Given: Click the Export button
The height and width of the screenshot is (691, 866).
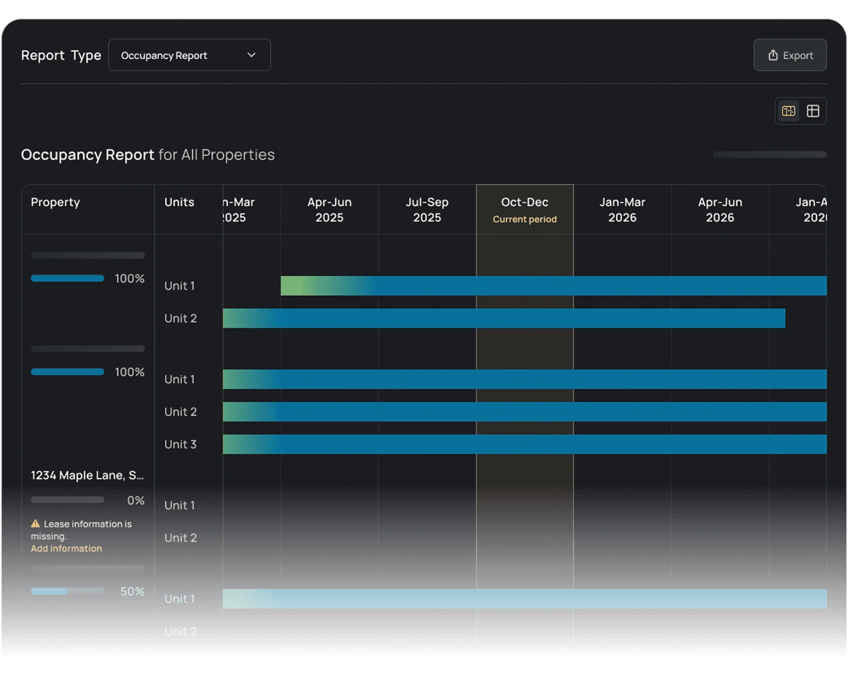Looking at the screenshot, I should (x=789, y=55).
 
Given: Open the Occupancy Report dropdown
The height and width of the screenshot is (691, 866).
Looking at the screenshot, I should (x=189, y=55).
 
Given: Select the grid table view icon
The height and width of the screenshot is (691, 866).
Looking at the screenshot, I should (x=813, y=111).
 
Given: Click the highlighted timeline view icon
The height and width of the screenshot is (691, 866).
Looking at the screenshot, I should (x=788, y=111).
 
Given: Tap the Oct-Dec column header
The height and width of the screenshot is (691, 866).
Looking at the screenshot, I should (x=524, y=202).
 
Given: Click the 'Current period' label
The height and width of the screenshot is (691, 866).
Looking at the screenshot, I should (x=524, y=219).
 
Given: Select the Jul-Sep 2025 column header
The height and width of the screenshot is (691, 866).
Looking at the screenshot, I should (x=427, y=209).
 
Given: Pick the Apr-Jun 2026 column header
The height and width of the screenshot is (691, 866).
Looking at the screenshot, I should (x=720, y=209).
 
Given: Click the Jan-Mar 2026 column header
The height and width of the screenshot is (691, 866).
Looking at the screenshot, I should (x=622, y=209).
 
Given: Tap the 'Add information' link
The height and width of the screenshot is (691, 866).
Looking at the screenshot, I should (x=66, y=548).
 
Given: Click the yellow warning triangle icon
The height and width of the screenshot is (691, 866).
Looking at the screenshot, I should (x=36, y=524).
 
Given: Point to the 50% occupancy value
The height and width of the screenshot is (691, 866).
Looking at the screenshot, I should (x=132, y=591).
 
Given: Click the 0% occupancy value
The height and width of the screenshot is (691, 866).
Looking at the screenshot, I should (x=135, y=501).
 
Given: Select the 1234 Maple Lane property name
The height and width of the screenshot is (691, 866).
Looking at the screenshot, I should (x=87, y=475).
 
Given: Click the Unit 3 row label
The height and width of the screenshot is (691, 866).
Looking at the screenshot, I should (x=180, y=444).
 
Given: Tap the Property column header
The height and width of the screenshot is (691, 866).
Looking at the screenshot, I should (x=55, y=202).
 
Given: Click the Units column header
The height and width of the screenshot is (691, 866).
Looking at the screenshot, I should (x=179, y=202).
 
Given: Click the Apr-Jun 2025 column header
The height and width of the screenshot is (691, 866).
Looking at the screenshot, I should (x=329, y=209).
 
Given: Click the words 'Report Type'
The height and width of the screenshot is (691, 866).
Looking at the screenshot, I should (x=61, y=55).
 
